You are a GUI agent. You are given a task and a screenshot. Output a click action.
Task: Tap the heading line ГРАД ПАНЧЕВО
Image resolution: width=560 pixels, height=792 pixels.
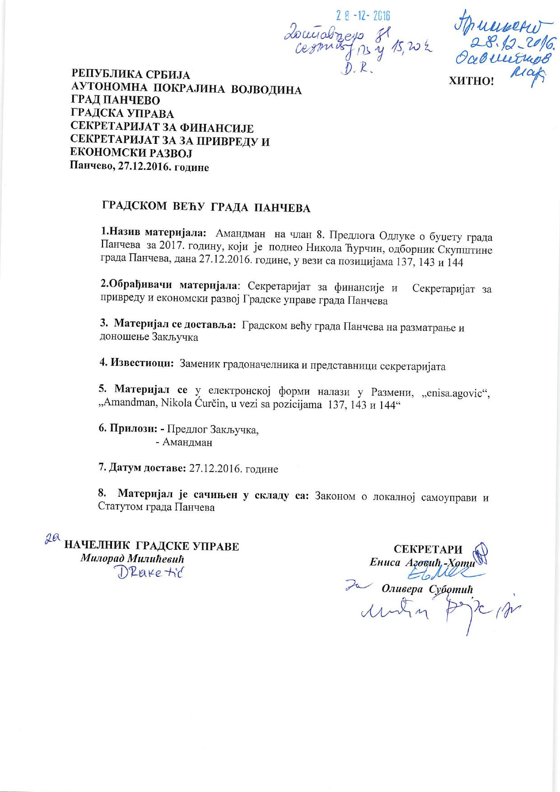116,100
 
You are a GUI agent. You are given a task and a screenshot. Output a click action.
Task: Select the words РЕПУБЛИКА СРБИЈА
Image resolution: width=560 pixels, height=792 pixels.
131,74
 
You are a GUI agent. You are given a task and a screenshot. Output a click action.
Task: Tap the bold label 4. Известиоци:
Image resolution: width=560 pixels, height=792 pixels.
137,364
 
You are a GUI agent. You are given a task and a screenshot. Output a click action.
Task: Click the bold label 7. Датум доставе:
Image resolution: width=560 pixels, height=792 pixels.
142,468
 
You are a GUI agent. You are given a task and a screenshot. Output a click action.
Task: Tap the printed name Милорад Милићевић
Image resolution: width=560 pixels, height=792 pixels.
132,558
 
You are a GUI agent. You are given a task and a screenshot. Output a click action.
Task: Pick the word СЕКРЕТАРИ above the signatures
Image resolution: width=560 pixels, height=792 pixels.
428,549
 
